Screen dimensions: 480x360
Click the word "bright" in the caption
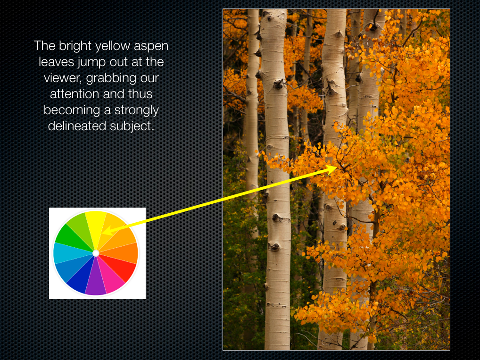[75, 46]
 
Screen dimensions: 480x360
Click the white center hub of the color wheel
[96, 253]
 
